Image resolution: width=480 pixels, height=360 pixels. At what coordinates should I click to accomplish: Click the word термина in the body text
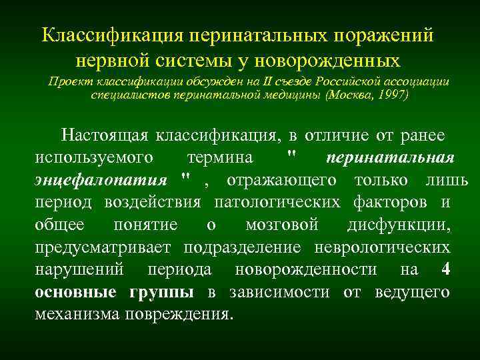[220, 158]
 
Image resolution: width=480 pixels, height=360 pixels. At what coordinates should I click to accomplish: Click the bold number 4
[445, 269]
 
